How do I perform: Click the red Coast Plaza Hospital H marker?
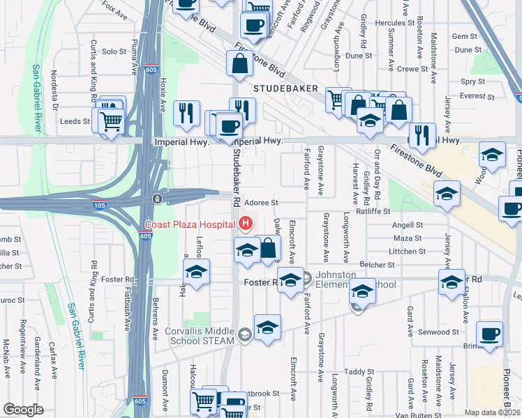(245, 224)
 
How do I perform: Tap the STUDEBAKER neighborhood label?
(285, 88)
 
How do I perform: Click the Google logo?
(23, 410)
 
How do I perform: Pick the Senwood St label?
(434, 332)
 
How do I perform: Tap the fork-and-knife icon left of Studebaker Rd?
(185, 114)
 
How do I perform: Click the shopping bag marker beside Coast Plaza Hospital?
(268, 249)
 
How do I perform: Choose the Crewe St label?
(412, 69)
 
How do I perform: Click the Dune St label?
(359, 55)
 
